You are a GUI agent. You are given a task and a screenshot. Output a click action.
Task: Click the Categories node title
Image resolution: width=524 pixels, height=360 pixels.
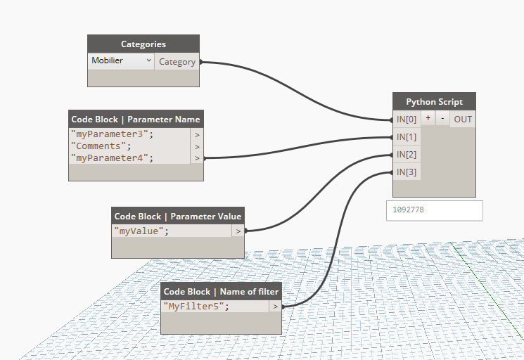coord(143,44)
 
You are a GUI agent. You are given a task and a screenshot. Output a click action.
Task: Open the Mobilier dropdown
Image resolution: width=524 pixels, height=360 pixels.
coord(121,61)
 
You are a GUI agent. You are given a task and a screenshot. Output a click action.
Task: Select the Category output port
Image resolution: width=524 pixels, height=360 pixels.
coord(177,62)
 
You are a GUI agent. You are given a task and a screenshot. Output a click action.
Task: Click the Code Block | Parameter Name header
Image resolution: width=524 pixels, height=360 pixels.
coord(136,120)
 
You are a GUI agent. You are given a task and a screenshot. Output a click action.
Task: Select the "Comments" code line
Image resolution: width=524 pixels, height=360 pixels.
coord(101,146)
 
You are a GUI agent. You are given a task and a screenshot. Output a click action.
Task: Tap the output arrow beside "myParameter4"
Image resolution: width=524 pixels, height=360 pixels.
coord(197,158)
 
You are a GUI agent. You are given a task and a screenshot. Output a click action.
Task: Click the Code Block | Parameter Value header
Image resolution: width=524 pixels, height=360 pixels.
coord(178,217)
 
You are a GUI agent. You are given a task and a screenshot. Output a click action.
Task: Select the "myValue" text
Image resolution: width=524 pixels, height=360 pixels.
coord(141,231)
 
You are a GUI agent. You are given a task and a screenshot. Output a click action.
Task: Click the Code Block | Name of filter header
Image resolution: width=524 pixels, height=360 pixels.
coord(221,292)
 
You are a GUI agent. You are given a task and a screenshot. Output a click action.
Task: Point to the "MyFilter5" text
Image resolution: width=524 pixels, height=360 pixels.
coord(196,307)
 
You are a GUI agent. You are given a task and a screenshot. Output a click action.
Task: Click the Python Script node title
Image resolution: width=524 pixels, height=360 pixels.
coord(435,102)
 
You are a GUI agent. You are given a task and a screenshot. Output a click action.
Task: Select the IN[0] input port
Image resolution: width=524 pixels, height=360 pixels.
coord(407,120)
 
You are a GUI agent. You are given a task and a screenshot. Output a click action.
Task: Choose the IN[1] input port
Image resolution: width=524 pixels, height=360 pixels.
coord(407,137)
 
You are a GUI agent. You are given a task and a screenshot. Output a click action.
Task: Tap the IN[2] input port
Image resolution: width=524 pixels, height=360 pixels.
coord(407,155)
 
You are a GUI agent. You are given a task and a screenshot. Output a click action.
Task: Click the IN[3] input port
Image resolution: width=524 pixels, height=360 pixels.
coord(407,172)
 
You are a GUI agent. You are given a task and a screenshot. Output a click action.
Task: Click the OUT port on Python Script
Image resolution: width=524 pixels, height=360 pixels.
coord(463,120)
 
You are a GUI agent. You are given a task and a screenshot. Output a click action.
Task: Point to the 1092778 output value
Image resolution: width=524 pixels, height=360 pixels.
coord(435,210)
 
